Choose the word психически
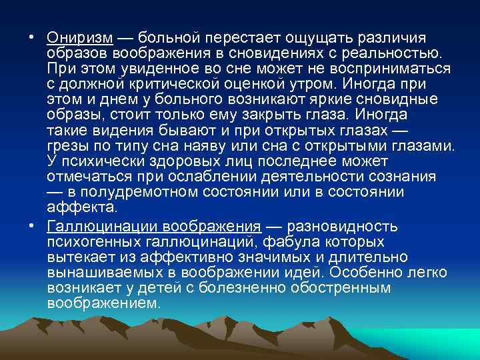pos(100,161)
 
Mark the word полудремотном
pos(132,192)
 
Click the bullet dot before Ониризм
pos(32,39)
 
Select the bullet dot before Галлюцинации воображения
pos(32,226)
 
